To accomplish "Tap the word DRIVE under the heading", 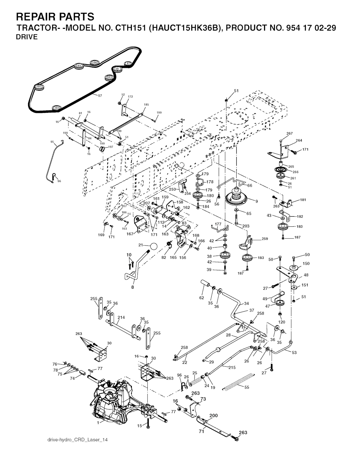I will click(27, 37).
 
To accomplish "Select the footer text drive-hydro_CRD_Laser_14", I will click(77, 440).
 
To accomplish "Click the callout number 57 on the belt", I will click(100, 96).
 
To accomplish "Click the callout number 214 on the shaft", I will click(121, 317).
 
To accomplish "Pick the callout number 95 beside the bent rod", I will click(52, 142).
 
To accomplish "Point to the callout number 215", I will click(232, 367).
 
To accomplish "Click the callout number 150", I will click(306, 263).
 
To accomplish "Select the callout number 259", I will click(264, 239).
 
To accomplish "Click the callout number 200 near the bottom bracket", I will click(213, 415).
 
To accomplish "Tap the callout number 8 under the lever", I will click(133, 287).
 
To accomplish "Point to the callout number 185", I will click(146, 104).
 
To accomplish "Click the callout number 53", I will click(294, 352).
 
